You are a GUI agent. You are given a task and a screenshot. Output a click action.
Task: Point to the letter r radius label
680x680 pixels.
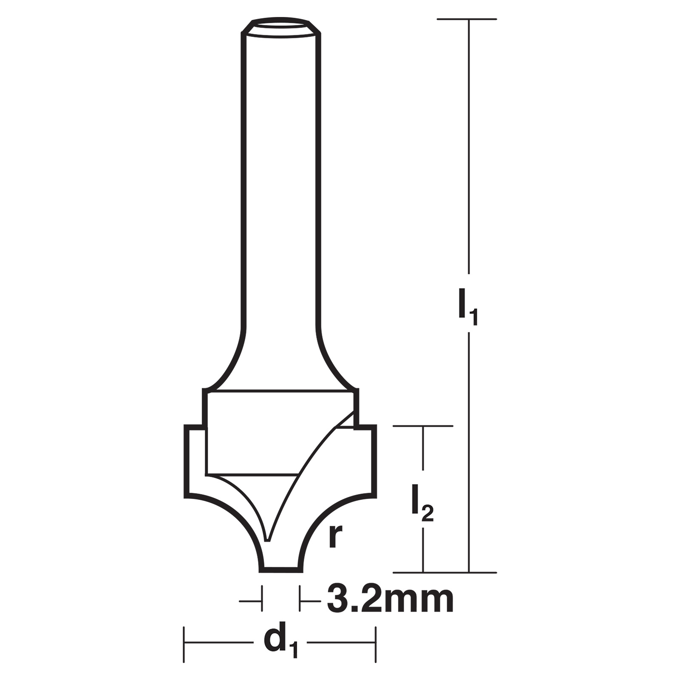click(336, 537)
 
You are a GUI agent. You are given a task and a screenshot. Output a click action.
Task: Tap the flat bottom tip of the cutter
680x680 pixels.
click(280, 570)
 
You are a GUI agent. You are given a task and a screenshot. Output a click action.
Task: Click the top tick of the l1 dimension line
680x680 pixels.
click(467, 19)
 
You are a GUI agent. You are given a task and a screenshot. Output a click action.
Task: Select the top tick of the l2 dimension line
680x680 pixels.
click(423, 425)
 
